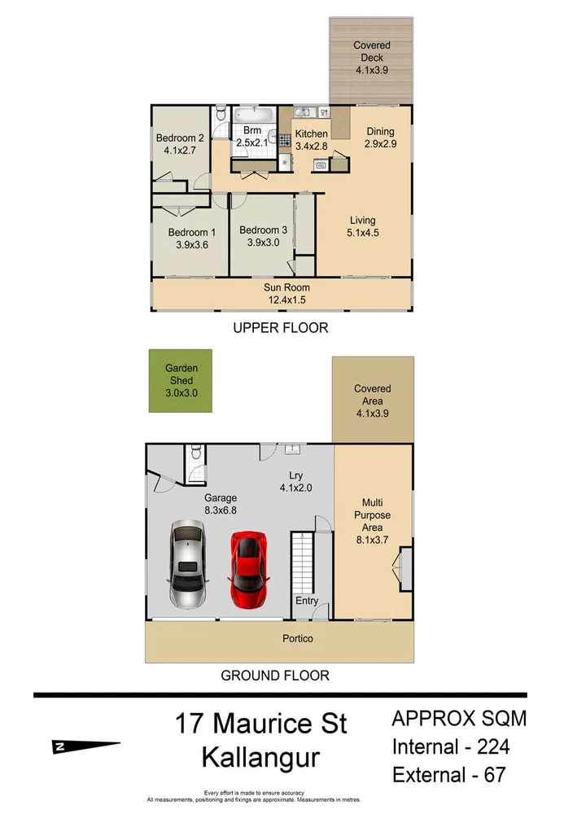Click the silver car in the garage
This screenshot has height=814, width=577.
pyautogui.click(x=188, y=564)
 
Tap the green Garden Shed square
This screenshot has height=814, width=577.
pyautogui.click(x=180, y=380)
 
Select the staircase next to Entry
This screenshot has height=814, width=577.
pyautogui.click(x=304, y=561)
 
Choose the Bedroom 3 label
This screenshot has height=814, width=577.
pyautogui.click(x=263, y=230)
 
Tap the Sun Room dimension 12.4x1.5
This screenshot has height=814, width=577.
pyautogui.click(x=286, y=300)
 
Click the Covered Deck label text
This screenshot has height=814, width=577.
pyautogui.click(x=371, y=52)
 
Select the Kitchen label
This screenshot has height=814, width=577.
pyautogui.click(x=311, y=134)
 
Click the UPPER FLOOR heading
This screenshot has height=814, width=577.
pyautogui.click(x=280, y=329)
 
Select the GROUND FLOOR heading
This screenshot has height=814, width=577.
pyautogui.click(x=276, y=676)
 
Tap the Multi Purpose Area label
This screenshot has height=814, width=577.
pyautogui.click(x=371, y=515)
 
